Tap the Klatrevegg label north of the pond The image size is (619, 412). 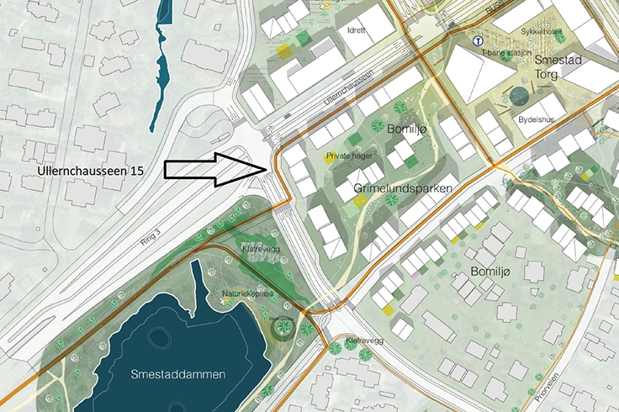260,249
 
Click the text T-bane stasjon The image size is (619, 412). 505,53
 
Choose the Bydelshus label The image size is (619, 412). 537,119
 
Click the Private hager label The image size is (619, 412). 348,156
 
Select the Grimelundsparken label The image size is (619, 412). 398,190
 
